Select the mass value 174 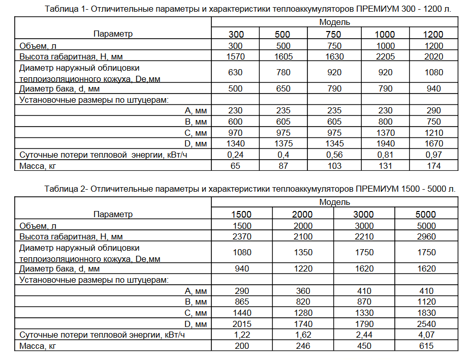click(x=433, y=166)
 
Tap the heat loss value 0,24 click(x=235, y=155)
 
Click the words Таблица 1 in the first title click(x=63, y=9)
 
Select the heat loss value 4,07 click(x=426, y=335)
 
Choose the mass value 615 click(x=426, y=346)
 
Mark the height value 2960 click(x=426, y=236)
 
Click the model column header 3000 click(x=364, y=215)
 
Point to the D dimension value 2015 click(x=242, y=324)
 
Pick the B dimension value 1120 click(x=426, y=302)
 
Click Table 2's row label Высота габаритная click(x=71, y=236)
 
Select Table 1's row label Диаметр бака click(x=59, y=89)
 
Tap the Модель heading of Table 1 click(x=334, y=22)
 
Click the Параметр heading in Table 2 click(x=113, y=214)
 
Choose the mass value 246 click(x=303, y=346)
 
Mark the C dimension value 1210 click(x=433, y=133)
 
